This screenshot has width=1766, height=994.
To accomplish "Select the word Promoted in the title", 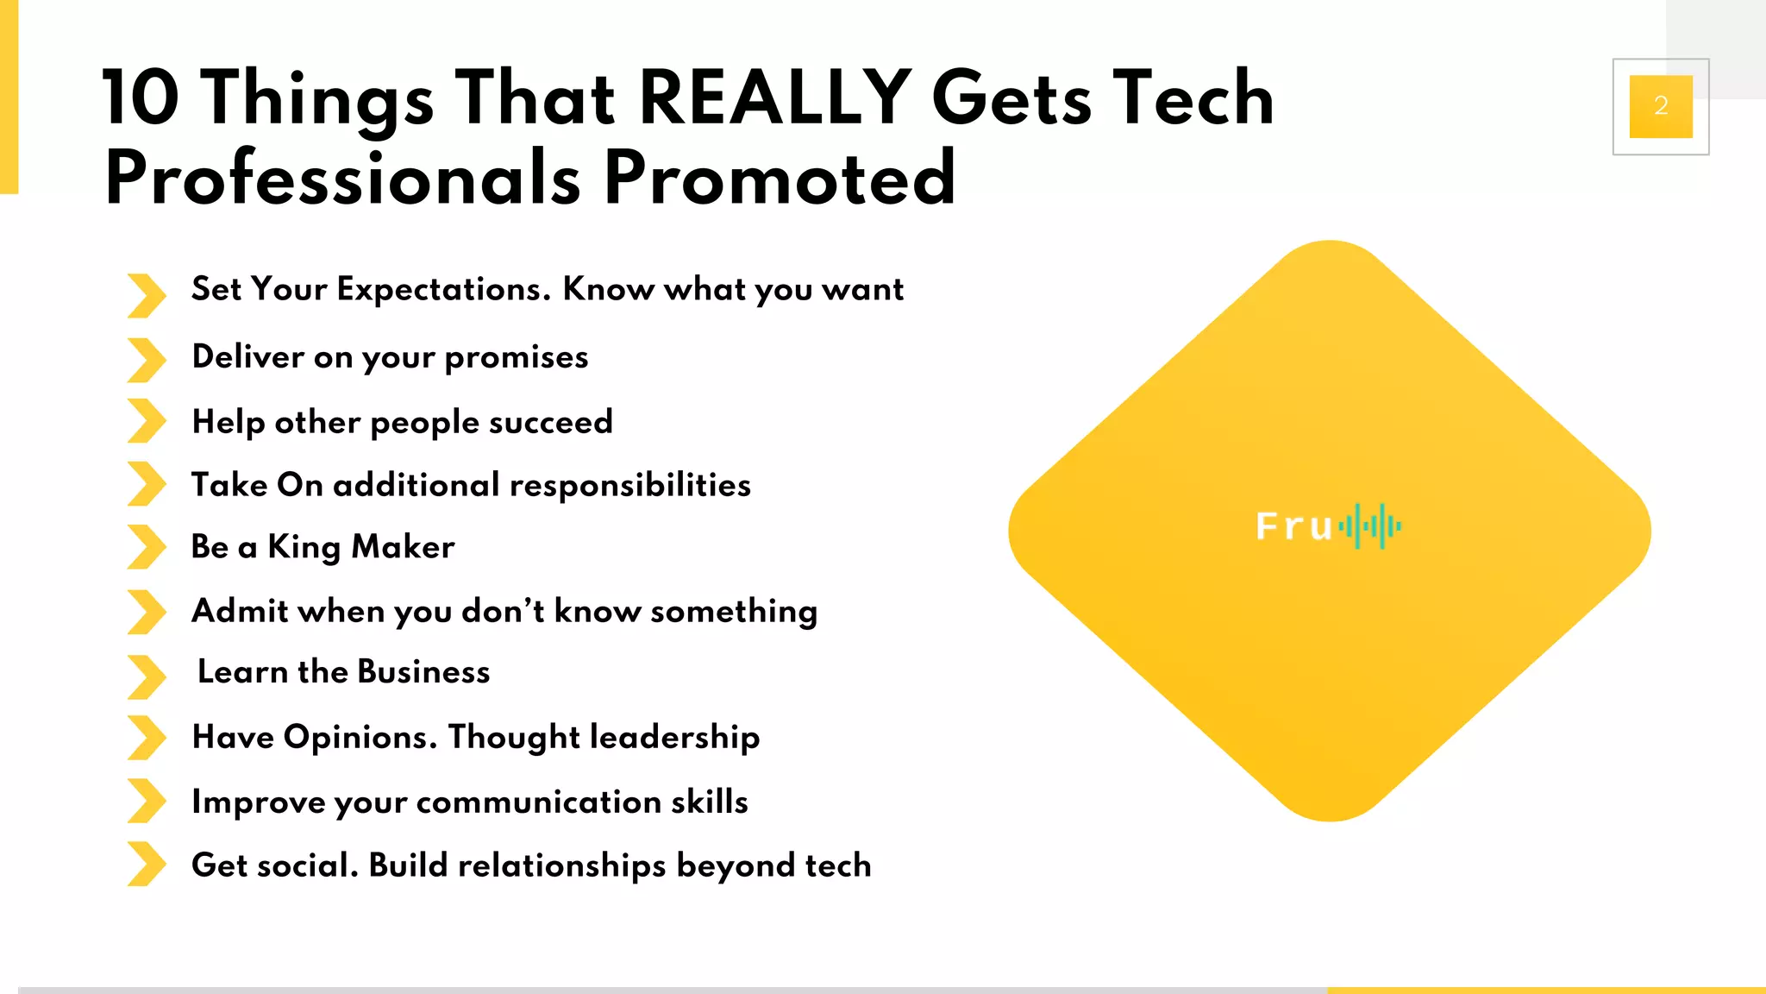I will click(x=780, y=178).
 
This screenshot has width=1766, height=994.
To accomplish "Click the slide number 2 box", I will click(x=1661, y=106).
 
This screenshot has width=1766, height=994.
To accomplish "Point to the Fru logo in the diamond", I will click(x=1328, y=526).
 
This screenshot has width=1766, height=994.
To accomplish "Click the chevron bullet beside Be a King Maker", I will click(x=147, y=547).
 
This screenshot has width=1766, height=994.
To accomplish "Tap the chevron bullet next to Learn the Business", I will click(x=147, y=676).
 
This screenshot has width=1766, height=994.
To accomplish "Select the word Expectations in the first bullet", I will click(x=443, y=289).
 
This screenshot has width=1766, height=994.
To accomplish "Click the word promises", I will click(x=516, y=358).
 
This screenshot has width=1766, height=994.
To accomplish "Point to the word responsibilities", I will click(x=629, y=486).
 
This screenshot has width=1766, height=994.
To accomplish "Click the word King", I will click(x=304, y=548).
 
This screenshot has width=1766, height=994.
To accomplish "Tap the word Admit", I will click(x=240, y=611).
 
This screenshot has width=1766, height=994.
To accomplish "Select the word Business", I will click(x=423, y=672).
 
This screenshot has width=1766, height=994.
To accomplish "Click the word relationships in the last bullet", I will click(x=561, y=865).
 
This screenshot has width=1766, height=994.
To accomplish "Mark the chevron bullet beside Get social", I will click(x=147, y=864).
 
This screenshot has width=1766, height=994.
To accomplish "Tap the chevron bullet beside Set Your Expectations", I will click(x=147, y=295).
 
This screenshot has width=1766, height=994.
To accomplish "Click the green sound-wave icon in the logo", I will click(x=1370, y=525).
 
